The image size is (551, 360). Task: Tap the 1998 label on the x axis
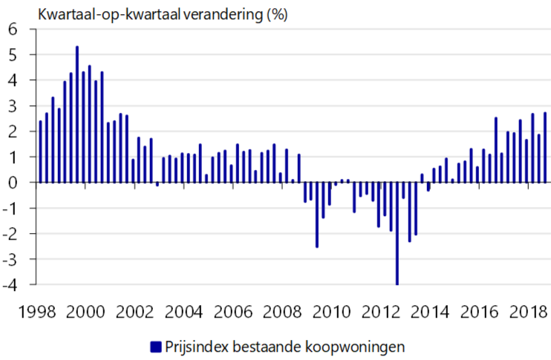coord(37,310)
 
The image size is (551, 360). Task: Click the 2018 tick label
coord(531,310)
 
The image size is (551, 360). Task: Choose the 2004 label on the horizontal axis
coord(185,310)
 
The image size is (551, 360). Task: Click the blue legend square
coord(155,346)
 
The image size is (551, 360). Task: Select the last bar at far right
coord(545,147)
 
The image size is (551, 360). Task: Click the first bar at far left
coord(40,151)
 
